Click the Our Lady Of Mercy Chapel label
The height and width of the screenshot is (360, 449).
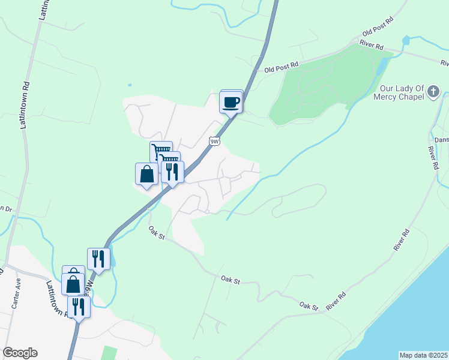(x=399, y=92)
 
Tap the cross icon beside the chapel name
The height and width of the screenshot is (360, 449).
(x=434, y=92)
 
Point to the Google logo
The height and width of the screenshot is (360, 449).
(x=20, y=353)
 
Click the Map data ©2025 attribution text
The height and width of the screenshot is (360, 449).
(x=424, y=355)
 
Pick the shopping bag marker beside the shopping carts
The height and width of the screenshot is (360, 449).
(x=147, y=175)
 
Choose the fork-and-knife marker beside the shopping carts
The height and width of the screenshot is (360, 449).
(x=173, y=172)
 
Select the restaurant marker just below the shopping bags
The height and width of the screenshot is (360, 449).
(x=79, y=306)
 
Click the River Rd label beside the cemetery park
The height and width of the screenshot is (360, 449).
(x=372, y=45)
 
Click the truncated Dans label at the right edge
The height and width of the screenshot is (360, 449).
(x=442, y=140)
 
